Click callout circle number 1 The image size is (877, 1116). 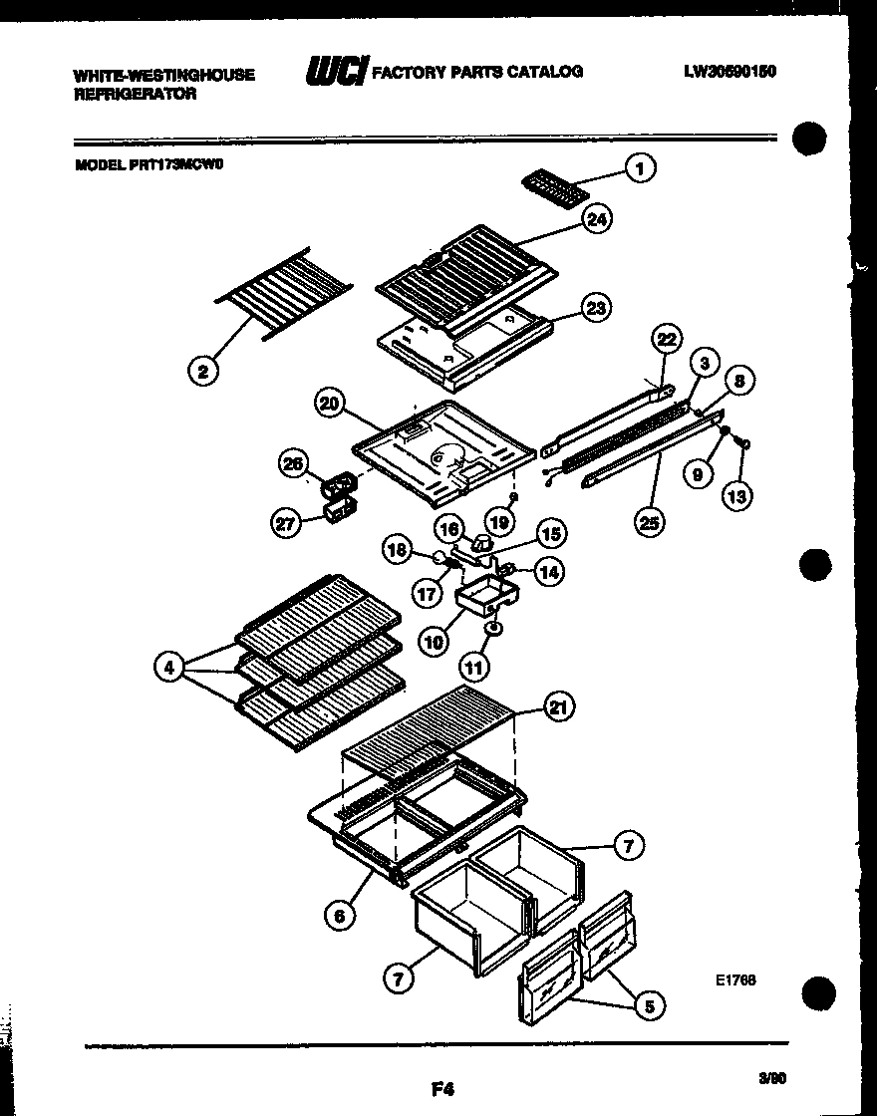[x=641, y=169]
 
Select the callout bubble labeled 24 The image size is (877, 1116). [x=597, y=221]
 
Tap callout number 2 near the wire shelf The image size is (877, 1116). [x=203, y=372]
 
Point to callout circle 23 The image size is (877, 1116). [x=596, y=309]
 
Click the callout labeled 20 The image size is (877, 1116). [x=330, y=404]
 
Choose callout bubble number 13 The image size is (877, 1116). [x=737, y=495]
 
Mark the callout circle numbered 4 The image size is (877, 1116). [x=169, y=667]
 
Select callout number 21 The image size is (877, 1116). [x=558, y=708]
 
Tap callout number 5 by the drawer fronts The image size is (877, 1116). [x=648, y=1005]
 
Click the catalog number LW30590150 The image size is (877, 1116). [x=730, y=71]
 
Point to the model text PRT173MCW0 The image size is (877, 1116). [x=148, y=167]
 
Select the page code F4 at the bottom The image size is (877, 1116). [x=442, y=1090]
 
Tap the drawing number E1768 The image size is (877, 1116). [x=735, y=979]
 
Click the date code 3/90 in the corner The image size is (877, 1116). [x=772, y=1077]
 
